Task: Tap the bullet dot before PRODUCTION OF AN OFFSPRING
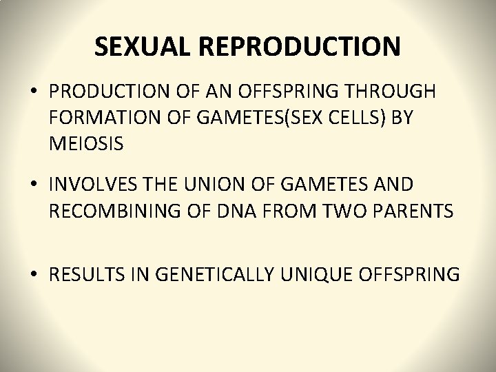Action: [x=34, y=92]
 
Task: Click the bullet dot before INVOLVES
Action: [x=34, y=185]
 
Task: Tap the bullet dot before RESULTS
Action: [x=34, y=274]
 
